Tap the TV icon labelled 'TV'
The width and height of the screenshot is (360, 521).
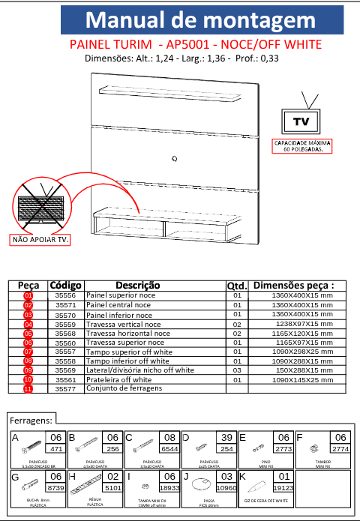[301, 121]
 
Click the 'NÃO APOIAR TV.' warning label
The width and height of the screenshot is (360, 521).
[40, 241]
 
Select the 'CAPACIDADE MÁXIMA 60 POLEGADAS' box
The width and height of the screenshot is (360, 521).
[302, 145]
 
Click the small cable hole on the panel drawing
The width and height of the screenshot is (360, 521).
[175, 157]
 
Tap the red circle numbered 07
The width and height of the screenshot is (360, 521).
[28, 352]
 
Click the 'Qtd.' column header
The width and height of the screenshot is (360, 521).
[236, 286]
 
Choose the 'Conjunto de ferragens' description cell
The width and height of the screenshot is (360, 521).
[124, 388]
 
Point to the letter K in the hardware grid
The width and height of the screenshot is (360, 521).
[242, 476]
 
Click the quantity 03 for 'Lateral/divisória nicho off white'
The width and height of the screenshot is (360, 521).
[236, 370]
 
